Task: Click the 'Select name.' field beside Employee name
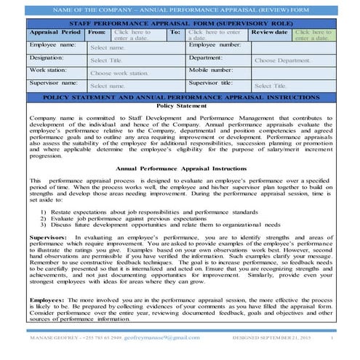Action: point(107,48)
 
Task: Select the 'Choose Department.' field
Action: point(283,60)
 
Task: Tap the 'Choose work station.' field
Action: point(119,73)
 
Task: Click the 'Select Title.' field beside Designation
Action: point(106,60)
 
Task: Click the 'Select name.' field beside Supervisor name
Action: point(107,86)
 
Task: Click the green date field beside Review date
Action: point(312,35)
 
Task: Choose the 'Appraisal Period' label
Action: point(55,33)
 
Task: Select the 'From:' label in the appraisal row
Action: point(96,33)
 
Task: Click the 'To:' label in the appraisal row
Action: point(175,33)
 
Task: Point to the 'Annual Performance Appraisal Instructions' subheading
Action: point(181,168)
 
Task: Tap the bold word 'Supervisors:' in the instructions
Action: point(49,237)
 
